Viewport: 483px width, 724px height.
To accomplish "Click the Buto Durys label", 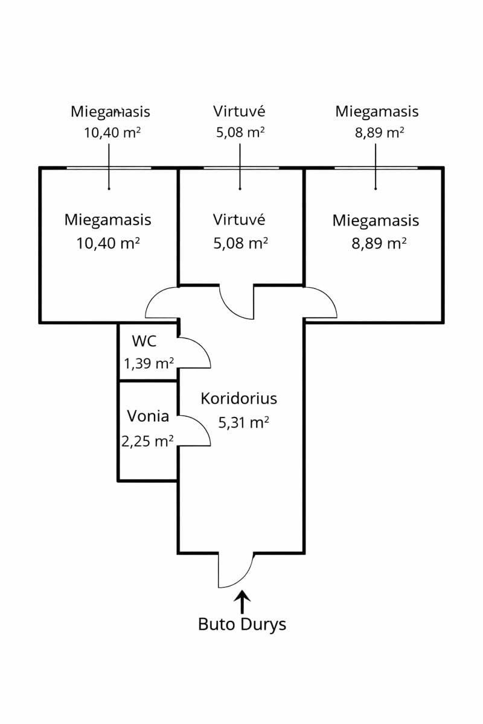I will point(242,624).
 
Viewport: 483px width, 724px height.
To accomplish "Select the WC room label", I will point(144,341).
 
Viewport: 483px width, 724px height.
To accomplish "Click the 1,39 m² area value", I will point(149,363).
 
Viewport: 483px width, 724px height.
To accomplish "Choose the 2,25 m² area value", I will point(148,441).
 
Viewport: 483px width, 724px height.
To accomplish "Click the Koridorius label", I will point(238,399).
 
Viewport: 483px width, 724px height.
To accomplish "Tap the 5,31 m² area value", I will point(243,422).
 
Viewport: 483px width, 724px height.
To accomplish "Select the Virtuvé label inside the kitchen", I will point(239,219).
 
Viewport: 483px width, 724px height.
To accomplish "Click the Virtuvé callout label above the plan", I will point(239,111).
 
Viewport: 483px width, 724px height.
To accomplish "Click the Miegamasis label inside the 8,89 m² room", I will point(376,220).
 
